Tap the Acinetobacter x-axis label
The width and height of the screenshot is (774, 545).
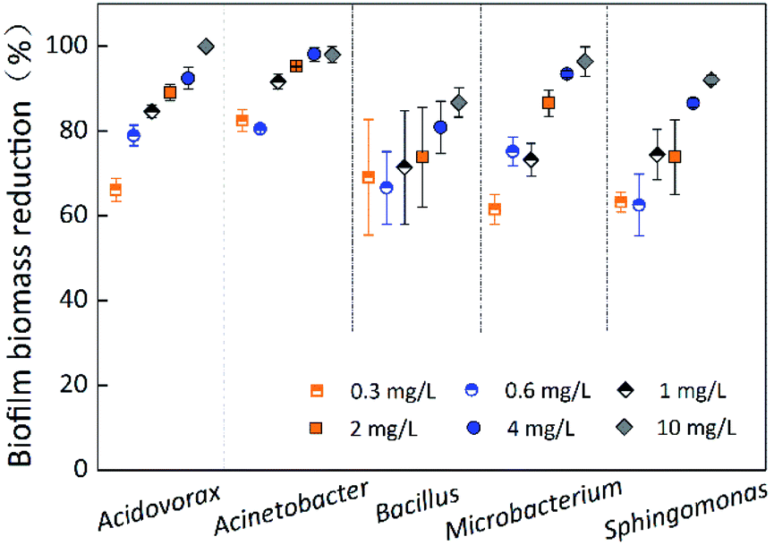pos(292,507)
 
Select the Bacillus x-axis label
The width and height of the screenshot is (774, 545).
pos(418,503)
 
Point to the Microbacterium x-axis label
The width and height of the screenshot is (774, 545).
pos(533,508)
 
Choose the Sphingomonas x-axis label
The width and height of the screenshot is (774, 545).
pos(686,511)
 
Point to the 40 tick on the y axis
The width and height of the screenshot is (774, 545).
pos(74,300)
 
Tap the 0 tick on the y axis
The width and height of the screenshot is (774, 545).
pos(81,469)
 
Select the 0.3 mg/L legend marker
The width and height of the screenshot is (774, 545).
pos(317,391)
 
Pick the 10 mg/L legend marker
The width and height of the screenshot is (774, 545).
pos(625,428)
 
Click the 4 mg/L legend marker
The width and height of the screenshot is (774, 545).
pos(473,428)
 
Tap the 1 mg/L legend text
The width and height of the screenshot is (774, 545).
pos(693,391)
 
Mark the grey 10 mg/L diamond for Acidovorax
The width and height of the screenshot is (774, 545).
pos(206,47)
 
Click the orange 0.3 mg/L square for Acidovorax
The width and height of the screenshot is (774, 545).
pos(115,190)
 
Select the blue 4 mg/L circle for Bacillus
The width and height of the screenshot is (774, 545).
pos(440,127)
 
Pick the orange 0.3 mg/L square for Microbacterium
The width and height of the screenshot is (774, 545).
pos(495,209)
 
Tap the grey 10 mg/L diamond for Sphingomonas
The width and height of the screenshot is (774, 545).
pos(711,80)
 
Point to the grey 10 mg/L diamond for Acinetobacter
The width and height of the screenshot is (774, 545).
pos(333,55)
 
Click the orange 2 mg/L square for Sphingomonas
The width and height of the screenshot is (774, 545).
pos(675,157)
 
